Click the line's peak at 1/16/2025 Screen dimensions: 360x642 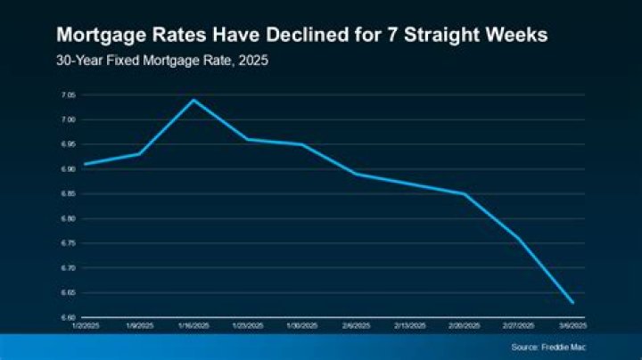193,100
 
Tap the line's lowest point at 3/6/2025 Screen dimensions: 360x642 572,303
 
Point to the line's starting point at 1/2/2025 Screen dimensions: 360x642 85,164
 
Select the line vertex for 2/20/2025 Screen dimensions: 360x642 465,193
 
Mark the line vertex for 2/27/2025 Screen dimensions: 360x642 518,239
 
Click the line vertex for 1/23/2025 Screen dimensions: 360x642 247,139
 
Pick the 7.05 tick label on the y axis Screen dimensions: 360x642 69,94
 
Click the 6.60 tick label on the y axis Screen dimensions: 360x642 69,317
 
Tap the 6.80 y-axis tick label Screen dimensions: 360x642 69,218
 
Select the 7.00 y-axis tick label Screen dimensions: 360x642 69,119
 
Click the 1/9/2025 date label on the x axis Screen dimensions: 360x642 139,326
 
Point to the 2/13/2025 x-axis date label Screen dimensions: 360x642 410,326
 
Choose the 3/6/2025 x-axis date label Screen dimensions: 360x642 572,326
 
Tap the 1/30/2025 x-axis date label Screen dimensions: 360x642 301,326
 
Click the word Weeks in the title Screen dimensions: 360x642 516,36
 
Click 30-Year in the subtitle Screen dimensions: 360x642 77,61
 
